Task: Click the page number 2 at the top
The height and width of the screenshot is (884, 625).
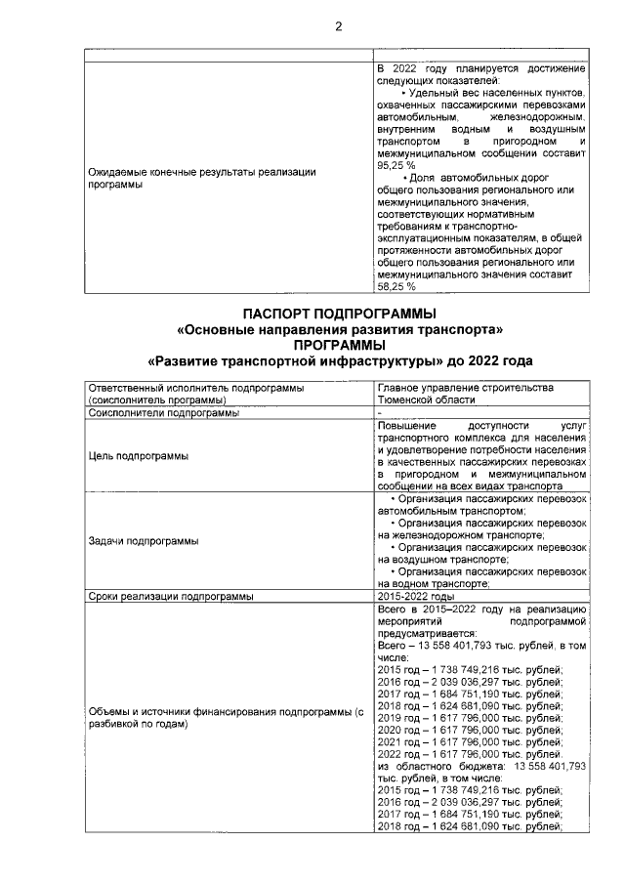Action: pyautogui.click(x=339, y=26)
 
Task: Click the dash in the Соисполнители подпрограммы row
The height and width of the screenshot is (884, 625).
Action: pyautogui.click(x=380, y=412)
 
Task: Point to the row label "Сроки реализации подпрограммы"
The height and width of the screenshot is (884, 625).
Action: pyautogui.click(x=171, y=595)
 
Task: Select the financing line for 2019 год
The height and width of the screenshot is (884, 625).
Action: pyautogui.click(x=469, y=716)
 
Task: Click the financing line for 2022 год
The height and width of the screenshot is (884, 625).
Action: pyautogui.click(x=469, y=754)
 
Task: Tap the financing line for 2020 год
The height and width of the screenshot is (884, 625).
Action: pyautogui.click(x=469, y=729)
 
